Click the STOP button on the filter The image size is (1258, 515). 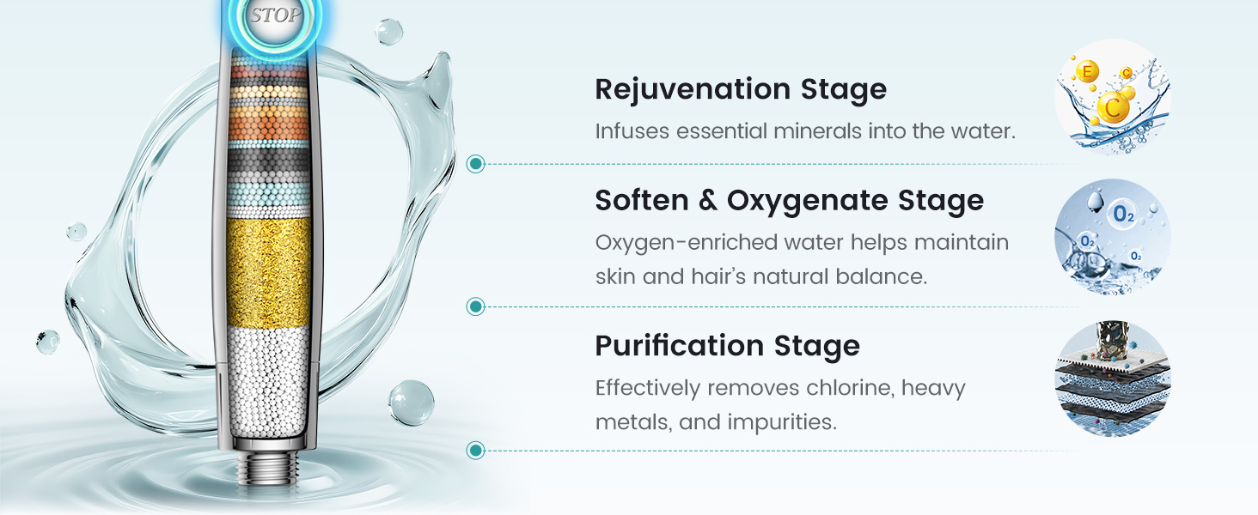[275, 17]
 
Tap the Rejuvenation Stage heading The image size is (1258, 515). [741, 90]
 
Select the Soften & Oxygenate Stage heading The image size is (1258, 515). [789, 201]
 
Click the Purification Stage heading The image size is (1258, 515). [727, 346]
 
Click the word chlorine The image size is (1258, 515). [850, 388]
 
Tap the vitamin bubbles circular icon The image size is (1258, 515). [1113, 96]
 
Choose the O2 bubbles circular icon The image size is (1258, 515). [1113, 237]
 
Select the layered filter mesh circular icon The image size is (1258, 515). [1113, 379]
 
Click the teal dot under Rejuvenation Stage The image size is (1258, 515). [476, 164]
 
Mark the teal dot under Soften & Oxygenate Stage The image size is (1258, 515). [476, 306]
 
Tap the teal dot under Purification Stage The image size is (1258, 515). [476, 450]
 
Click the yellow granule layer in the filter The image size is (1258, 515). [268, 272]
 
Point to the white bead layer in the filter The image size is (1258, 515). [268, 381]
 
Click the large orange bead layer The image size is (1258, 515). [269, 123]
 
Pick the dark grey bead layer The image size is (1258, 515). [269, 165]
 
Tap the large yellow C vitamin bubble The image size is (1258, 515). [1113, 107]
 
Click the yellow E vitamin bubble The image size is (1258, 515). [1087, 71]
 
